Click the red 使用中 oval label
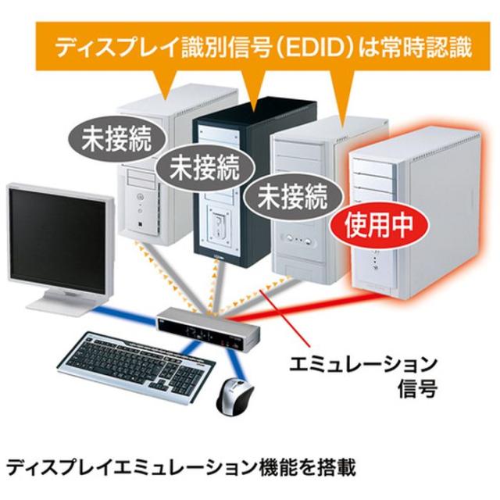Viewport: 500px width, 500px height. (378, 226)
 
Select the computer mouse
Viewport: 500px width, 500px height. (234, 395)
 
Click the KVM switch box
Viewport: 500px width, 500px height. (209, 329)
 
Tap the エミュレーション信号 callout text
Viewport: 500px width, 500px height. (362, 377)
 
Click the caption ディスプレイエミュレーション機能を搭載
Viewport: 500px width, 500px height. (181, 468)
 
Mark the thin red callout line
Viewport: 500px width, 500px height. (284, 318)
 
